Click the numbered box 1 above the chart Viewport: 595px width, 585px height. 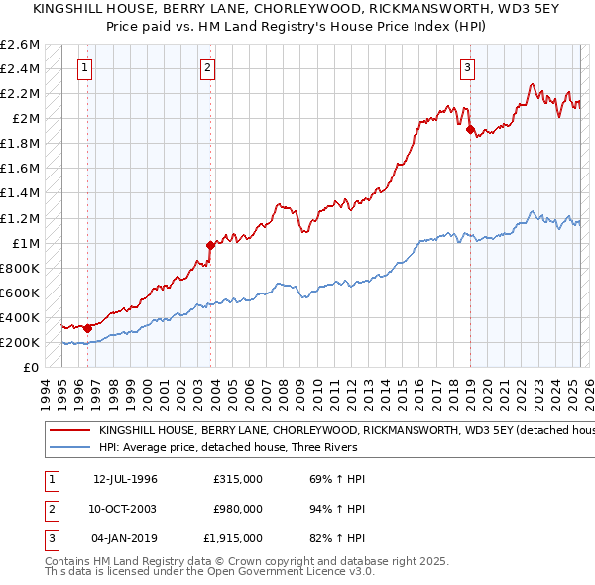point(85,68)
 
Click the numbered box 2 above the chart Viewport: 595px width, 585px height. point(207,68)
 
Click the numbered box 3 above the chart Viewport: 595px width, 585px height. point(466,68)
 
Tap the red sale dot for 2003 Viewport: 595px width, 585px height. point(210,245)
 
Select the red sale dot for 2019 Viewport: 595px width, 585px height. point(470,128)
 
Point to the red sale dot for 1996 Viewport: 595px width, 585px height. point(88,328)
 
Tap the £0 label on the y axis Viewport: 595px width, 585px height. point(32,367)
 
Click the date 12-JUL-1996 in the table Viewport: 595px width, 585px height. point(126,479)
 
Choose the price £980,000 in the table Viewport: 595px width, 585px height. point(238,509)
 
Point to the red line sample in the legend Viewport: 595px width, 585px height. point(68,431)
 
